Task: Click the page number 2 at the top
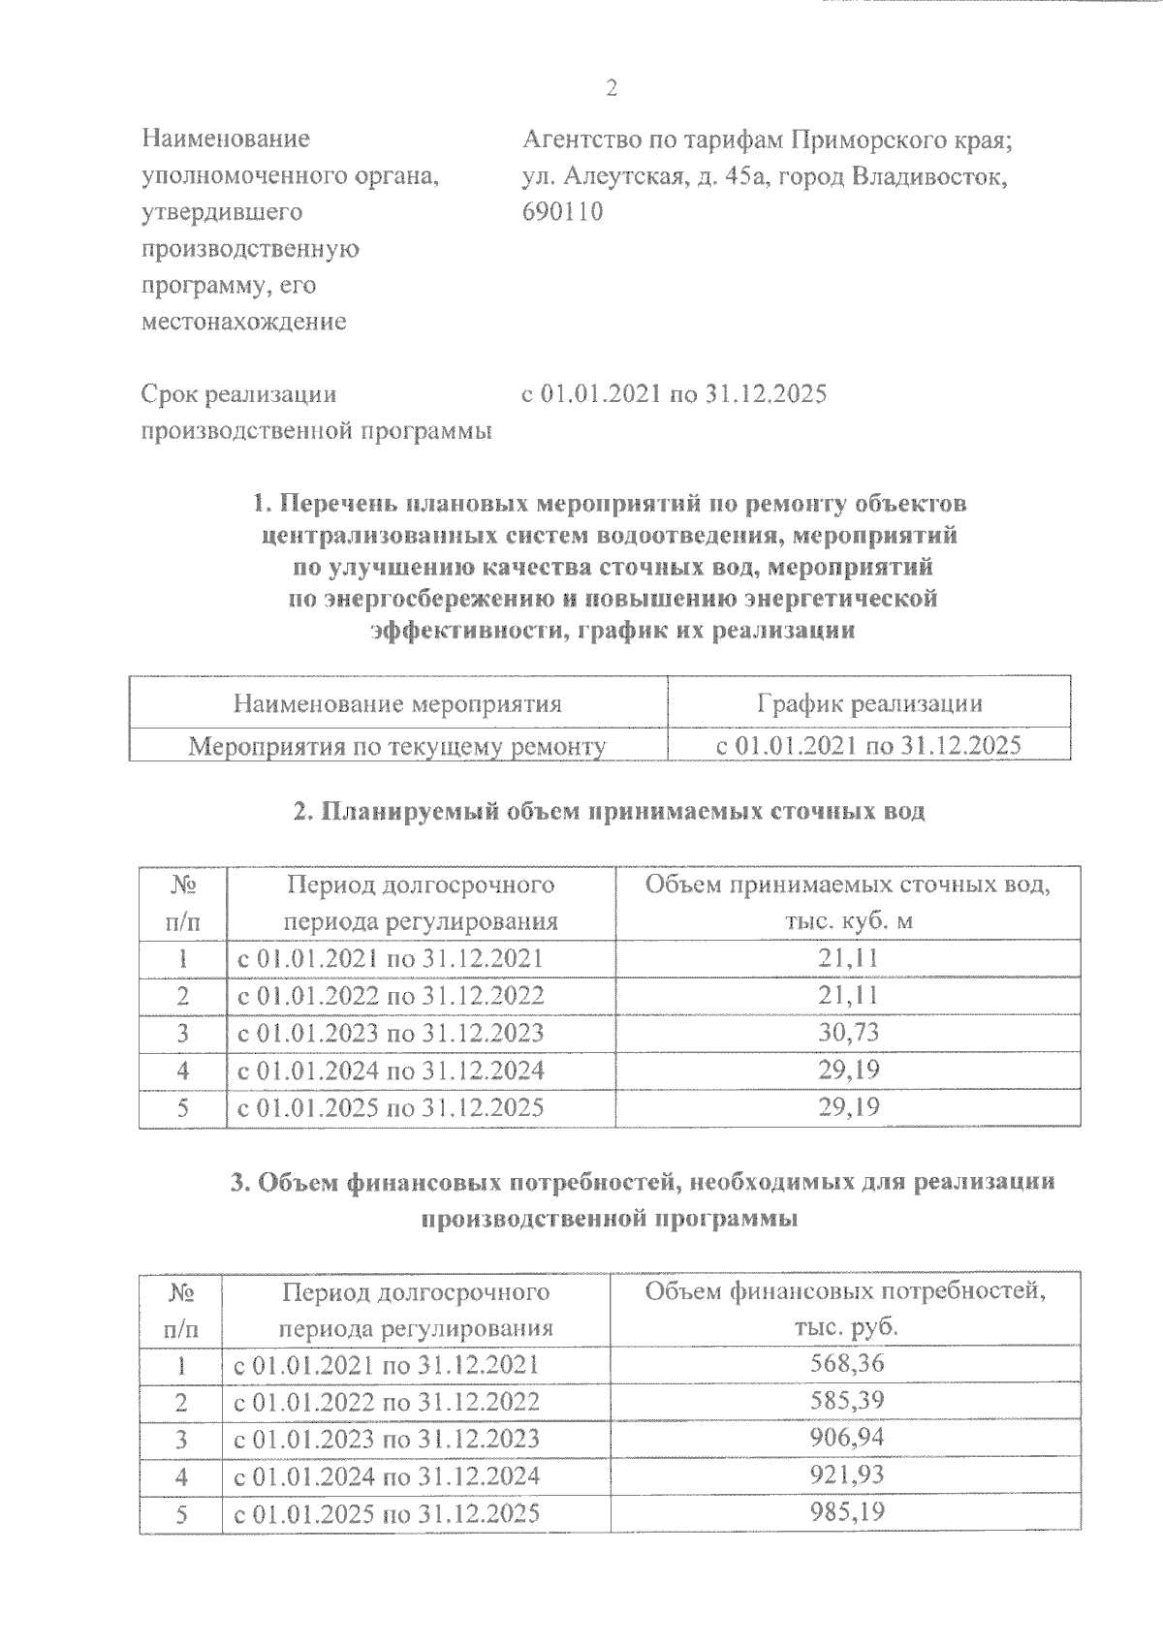(611, 89)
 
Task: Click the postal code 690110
(562, 212)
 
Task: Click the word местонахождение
(243, 323)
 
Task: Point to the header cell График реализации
(869, 703)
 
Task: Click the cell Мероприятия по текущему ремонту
(397, 746)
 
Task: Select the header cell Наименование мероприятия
(397, 703)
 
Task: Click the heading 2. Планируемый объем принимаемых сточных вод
(610, 812)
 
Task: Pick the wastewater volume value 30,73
(848, 1033)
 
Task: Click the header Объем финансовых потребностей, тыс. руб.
(846, 1308)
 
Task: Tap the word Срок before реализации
(172, 394)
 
